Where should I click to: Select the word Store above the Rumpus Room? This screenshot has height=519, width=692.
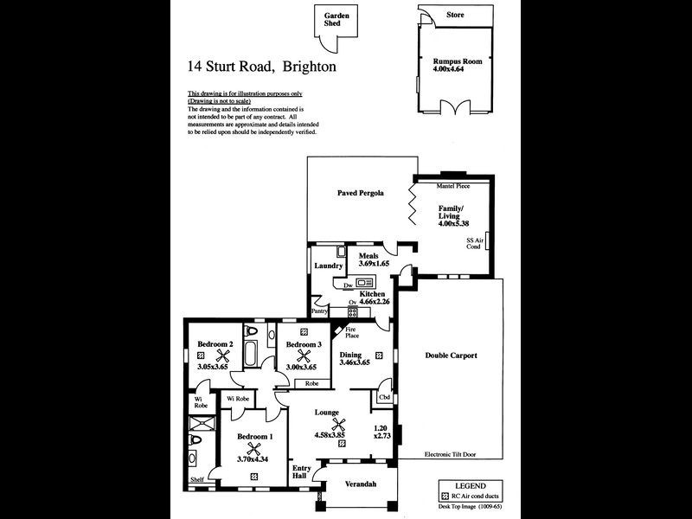coord(455,16)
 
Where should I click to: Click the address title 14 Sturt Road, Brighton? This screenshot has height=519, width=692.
coord(262,65)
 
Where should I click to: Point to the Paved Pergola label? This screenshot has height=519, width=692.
coord(360,193)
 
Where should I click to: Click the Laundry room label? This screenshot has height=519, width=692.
coord(329,266)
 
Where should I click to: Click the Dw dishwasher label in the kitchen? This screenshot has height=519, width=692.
coord(347,285)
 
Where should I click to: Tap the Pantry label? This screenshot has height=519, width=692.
coord(321,311)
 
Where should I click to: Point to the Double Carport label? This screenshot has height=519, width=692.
coord(451,356)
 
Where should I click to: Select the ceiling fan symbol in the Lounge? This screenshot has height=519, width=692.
coord(343,425)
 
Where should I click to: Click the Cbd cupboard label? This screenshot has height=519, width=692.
coord(383,398)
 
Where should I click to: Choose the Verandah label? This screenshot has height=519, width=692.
coord(361,484)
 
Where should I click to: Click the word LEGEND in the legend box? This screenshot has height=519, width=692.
coord(470,486)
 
